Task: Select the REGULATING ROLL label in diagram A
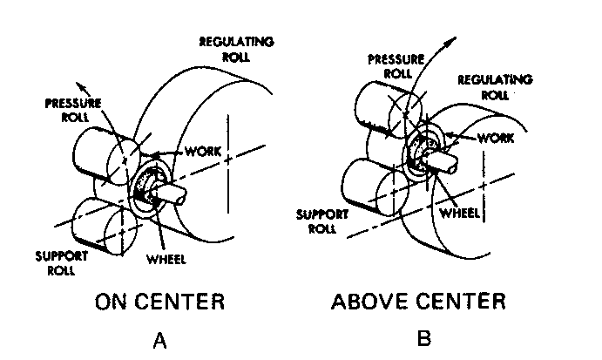[x=236, y=49]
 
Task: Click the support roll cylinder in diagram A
[x=96, y=226]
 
